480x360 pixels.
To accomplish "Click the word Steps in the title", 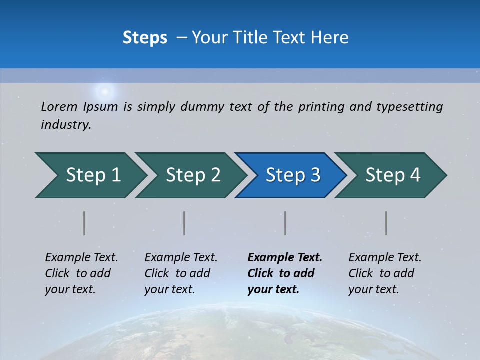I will [145, 38].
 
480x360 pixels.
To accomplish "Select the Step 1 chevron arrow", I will [90, 175].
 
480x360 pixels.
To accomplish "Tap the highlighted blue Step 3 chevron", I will [291, 175].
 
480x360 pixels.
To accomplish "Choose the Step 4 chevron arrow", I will [391, 175].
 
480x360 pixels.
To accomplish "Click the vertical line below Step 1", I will [84, 223].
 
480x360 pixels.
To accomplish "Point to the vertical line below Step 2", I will [184, 223].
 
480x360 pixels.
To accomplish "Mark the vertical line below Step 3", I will [285, 223].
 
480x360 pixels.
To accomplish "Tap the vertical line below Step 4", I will [386, 223].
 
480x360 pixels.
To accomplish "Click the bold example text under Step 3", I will [285, 273].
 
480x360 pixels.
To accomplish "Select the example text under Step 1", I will [81, 273].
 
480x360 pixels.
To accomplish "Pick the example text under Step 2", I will [181, 273].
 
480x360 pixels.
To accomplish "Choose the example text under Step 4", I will [385, 273].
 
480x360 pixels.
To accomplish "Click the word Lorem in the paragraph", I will [59, 107].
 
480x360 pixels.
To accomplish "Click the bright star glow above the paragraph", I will [105, 91].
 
